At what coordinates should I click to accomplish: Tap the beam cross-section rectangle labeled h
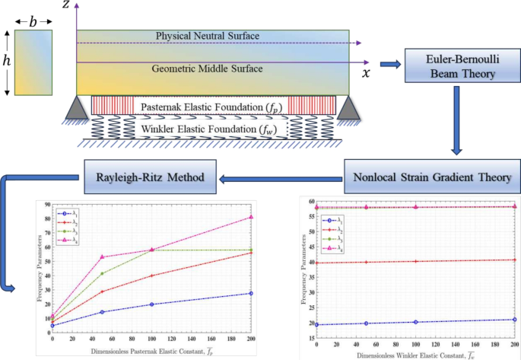[x=33, y=62]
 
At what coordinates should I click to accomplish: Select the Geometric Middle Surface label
[x=207, y=68]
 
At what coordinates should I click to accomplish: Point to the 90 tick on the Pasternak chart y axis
[x=46, y=205]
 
